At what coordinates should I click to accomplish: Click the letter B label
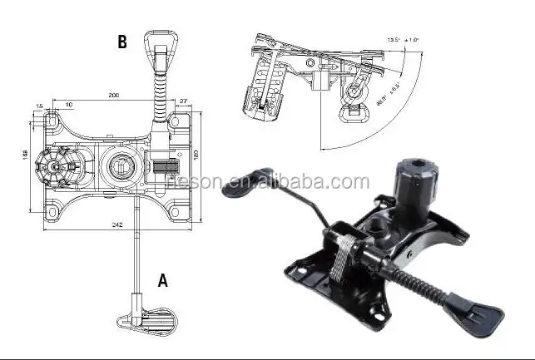(122, 42)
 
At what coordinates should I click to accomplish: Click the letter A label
(163, 280)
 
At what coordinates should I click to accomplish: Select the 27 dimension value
(183, 101)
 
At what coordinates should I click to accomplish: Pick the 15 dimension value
(40, 106)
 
